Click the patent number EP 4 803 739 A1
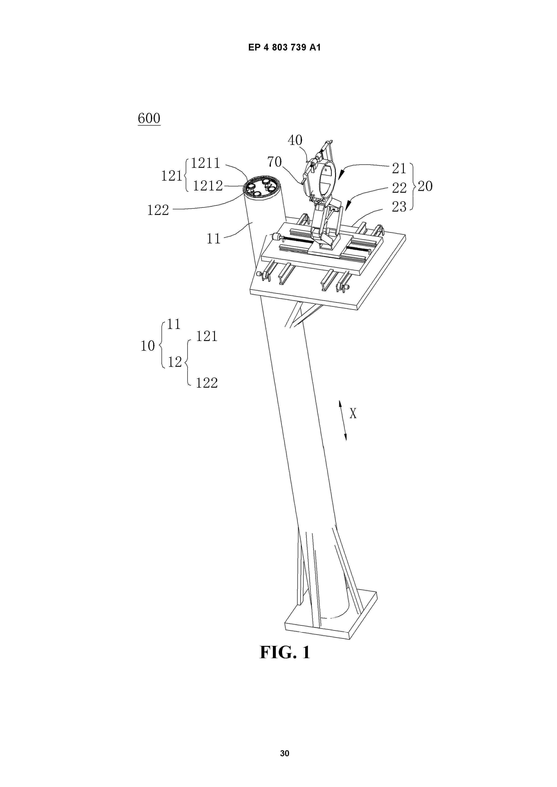tap(285, 47)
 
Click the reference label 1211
tap(205, 163)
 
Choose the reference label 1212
tap(208, 186)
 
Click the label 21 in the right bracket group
tap(399, 168)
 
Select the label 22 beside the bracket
tap(399, 188)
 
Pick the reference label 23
tap(399, 207)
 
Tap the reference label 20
tap(425, 186)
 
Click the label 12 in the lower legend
tap(175, 362)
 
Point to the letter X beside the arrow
tap(353, 414)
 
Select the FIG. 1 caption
tap(285, 652)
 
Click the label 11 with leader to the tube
tap(213, 239)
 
